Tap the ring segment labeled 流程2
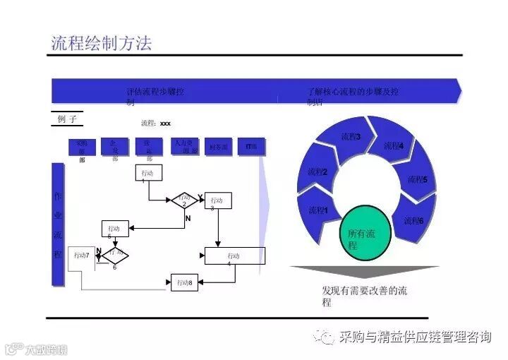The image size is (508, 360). [x=317, y=172]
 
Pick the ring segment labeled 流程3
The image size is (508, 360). [x=351, y=137]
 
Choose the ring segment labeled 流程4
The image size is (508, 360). [x=393, y=146]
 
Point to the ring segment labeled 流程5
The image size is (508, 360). [x=417, y=179]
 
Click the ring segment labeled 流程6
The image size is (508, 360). [x=413, y=220]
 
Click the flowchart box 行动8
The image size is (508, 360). [x=185, y=282]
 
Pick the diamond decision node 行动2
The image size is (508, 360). [x=185, y=200]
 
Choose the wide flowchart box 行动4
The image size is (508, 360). [x=235, y=256]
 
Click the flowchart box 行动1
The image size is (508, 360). [x=148, y=173]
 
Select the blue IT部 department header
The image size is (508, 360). [x=251, y=147]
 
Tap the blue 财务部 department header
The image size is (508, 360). [x=219, y=147]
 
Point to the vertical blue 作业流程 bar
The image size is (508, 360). [x=58, y=224]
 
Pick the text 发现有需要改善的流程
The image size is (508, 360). [x=364, y=296]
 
